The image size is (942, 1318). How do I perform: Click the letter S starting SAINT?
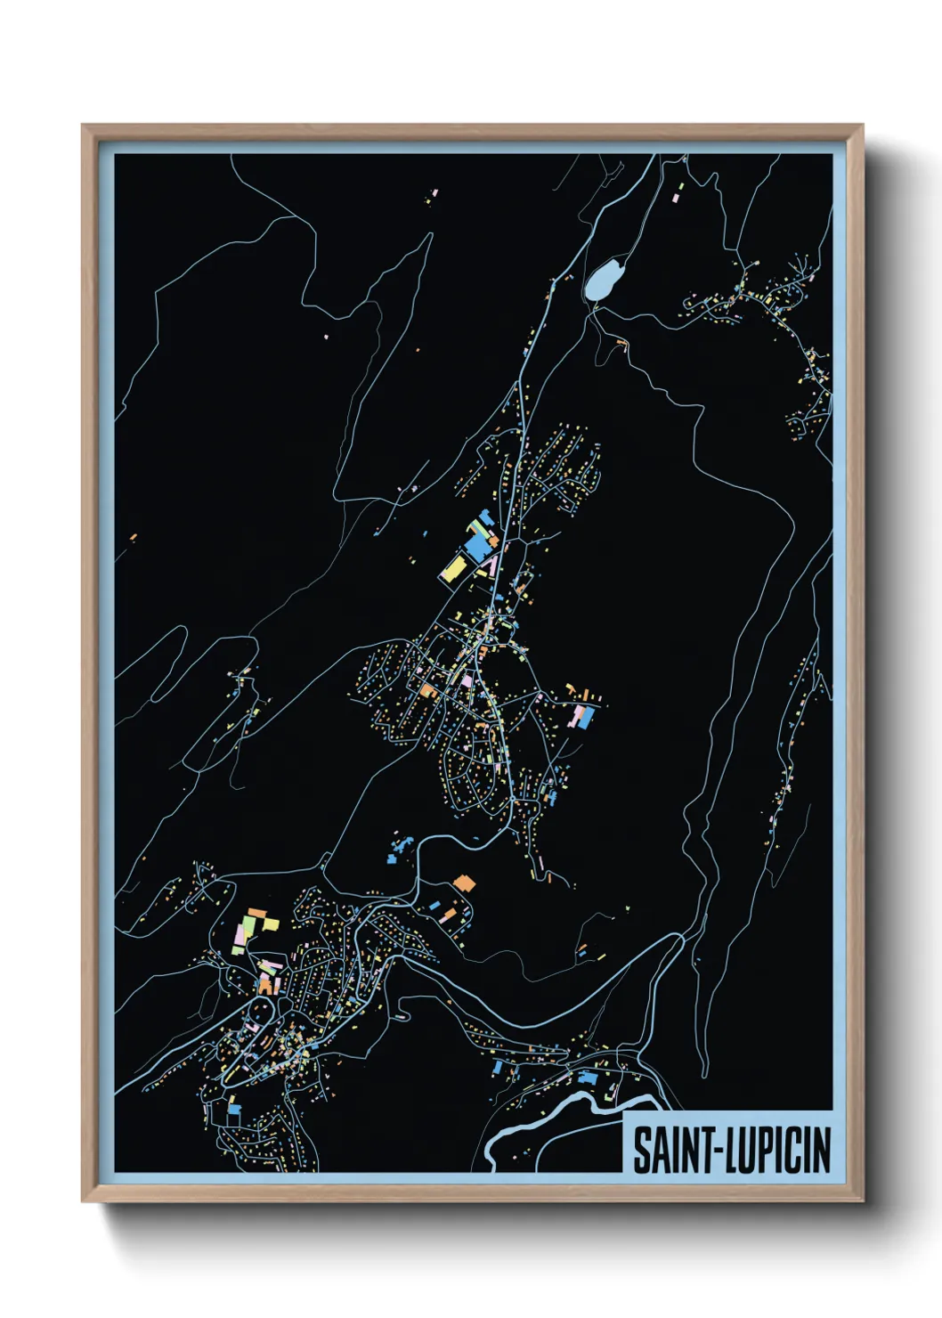click(641, 1150)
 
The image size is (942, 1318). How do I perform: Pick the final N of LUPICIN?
click(821, 1150)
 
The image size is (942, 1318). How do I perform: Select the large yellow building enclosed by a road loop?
click(454, 567)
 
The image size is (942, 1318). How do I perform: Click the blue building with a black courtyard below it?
click(234, 1109)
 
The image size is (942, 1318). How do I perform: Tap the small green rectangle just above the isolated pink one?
click(681, 185)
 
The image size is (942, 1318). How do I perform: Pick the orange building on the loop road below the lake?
click(621, 340)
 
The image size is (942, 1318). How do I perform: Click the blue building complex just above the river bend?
click(585, 1078)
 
